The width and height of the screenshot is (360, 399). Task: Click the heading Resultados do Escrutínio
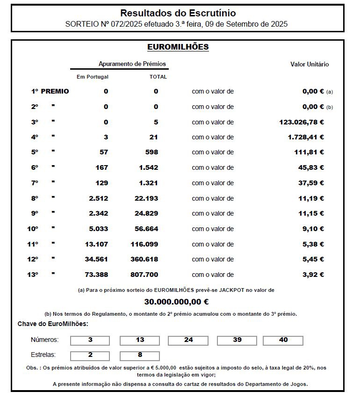(178, 13)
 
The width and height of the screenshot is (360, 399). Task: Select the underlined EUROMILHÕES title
(178, 47)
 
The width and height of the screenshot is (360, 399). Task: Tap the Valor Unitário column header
(310, 64)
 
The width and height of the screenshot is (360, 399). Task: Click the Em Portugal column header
(93, 77)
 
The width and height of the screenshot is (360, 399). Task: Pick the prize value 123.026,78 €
(302, 122)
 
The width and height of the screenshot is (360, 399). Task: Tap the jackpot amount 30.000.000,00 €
(176, 302)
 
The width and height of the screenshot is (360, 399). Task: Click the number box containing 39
(237, 340)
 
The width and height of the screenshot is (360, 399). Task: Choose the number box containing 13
(139, 340)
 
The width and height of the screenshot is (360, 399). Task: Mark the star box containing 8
(139, 355)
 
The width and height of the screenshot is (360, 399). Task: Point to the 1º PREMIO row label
(50, 91)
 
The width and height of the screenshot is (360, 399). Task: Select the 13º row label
(32, 275)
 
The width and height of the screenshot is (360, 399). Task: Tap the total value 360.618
(144, 259)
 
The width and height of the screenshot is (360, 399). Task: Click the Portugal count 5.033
(98, 229)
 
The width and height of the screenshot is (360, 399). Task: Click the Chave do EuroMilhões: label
(52, 324)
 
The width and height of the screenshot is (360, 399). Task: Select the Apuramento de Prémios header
(132, 64)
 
